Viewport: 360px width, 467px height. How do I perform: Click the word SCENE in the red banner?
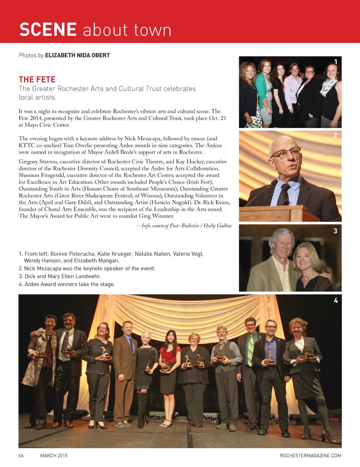click(x=48, y=30)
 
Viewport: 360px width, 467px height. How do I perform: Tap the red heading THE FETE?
click(x=37, y=79)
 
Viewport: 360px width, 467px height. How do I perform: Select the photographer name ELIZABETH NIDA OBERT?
click(x=77, y=55)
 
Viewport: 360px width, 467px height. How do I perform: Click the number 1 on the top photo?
click(x=335, y=62)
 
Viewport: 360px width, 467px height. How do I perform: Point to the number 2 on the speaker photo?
click(x=335, y=135)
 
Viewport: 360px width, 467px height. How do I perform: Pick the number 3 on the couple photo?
click(x=335, y=231)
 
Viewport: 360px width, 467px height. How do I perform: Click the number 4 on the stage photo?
click(x=335, y=300)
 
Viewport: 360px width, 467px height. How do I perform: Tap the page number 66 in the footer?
click(x=21, y=455)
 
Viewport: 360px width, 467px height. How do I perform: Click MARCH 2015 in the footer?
click(x=54, y=455)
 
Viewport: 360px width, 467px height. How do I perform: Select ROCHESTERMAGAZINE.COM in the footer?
click(x=310, y=455)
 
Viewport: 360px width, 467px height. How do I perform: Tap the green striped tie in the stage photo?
click(x=250, y=350)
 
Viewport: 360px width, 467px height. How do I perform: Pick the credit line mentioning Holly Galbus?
click(x=184, y=226)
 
